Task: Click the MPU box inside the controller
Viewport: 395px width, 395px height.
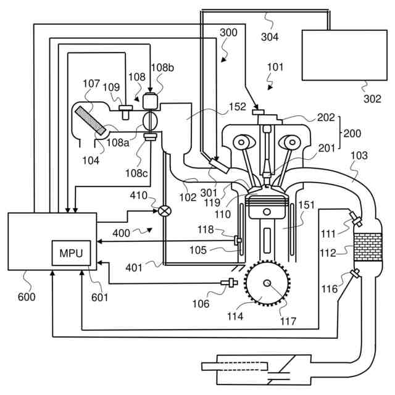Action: click(70, 253)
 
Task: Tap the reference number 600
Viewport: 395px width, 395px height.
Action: click(27, 296)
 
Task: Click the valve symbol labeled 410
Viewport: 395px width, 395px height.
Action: click(165, 210)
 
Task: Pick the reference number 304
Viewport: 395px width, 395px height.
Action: click(269, 36)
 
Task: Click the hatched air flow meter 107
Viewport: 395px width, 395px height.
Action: click(89, 121)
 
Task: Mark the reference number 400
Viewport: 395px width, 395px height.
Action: click(122, 233)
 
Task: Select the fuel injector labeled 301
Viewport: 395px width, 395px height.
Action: click(217, 165)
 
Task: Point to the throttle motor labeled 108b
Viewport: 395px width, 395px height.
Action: click(150, 100)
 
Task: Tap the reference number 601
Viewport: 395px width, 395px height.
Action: click(99, 297)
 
